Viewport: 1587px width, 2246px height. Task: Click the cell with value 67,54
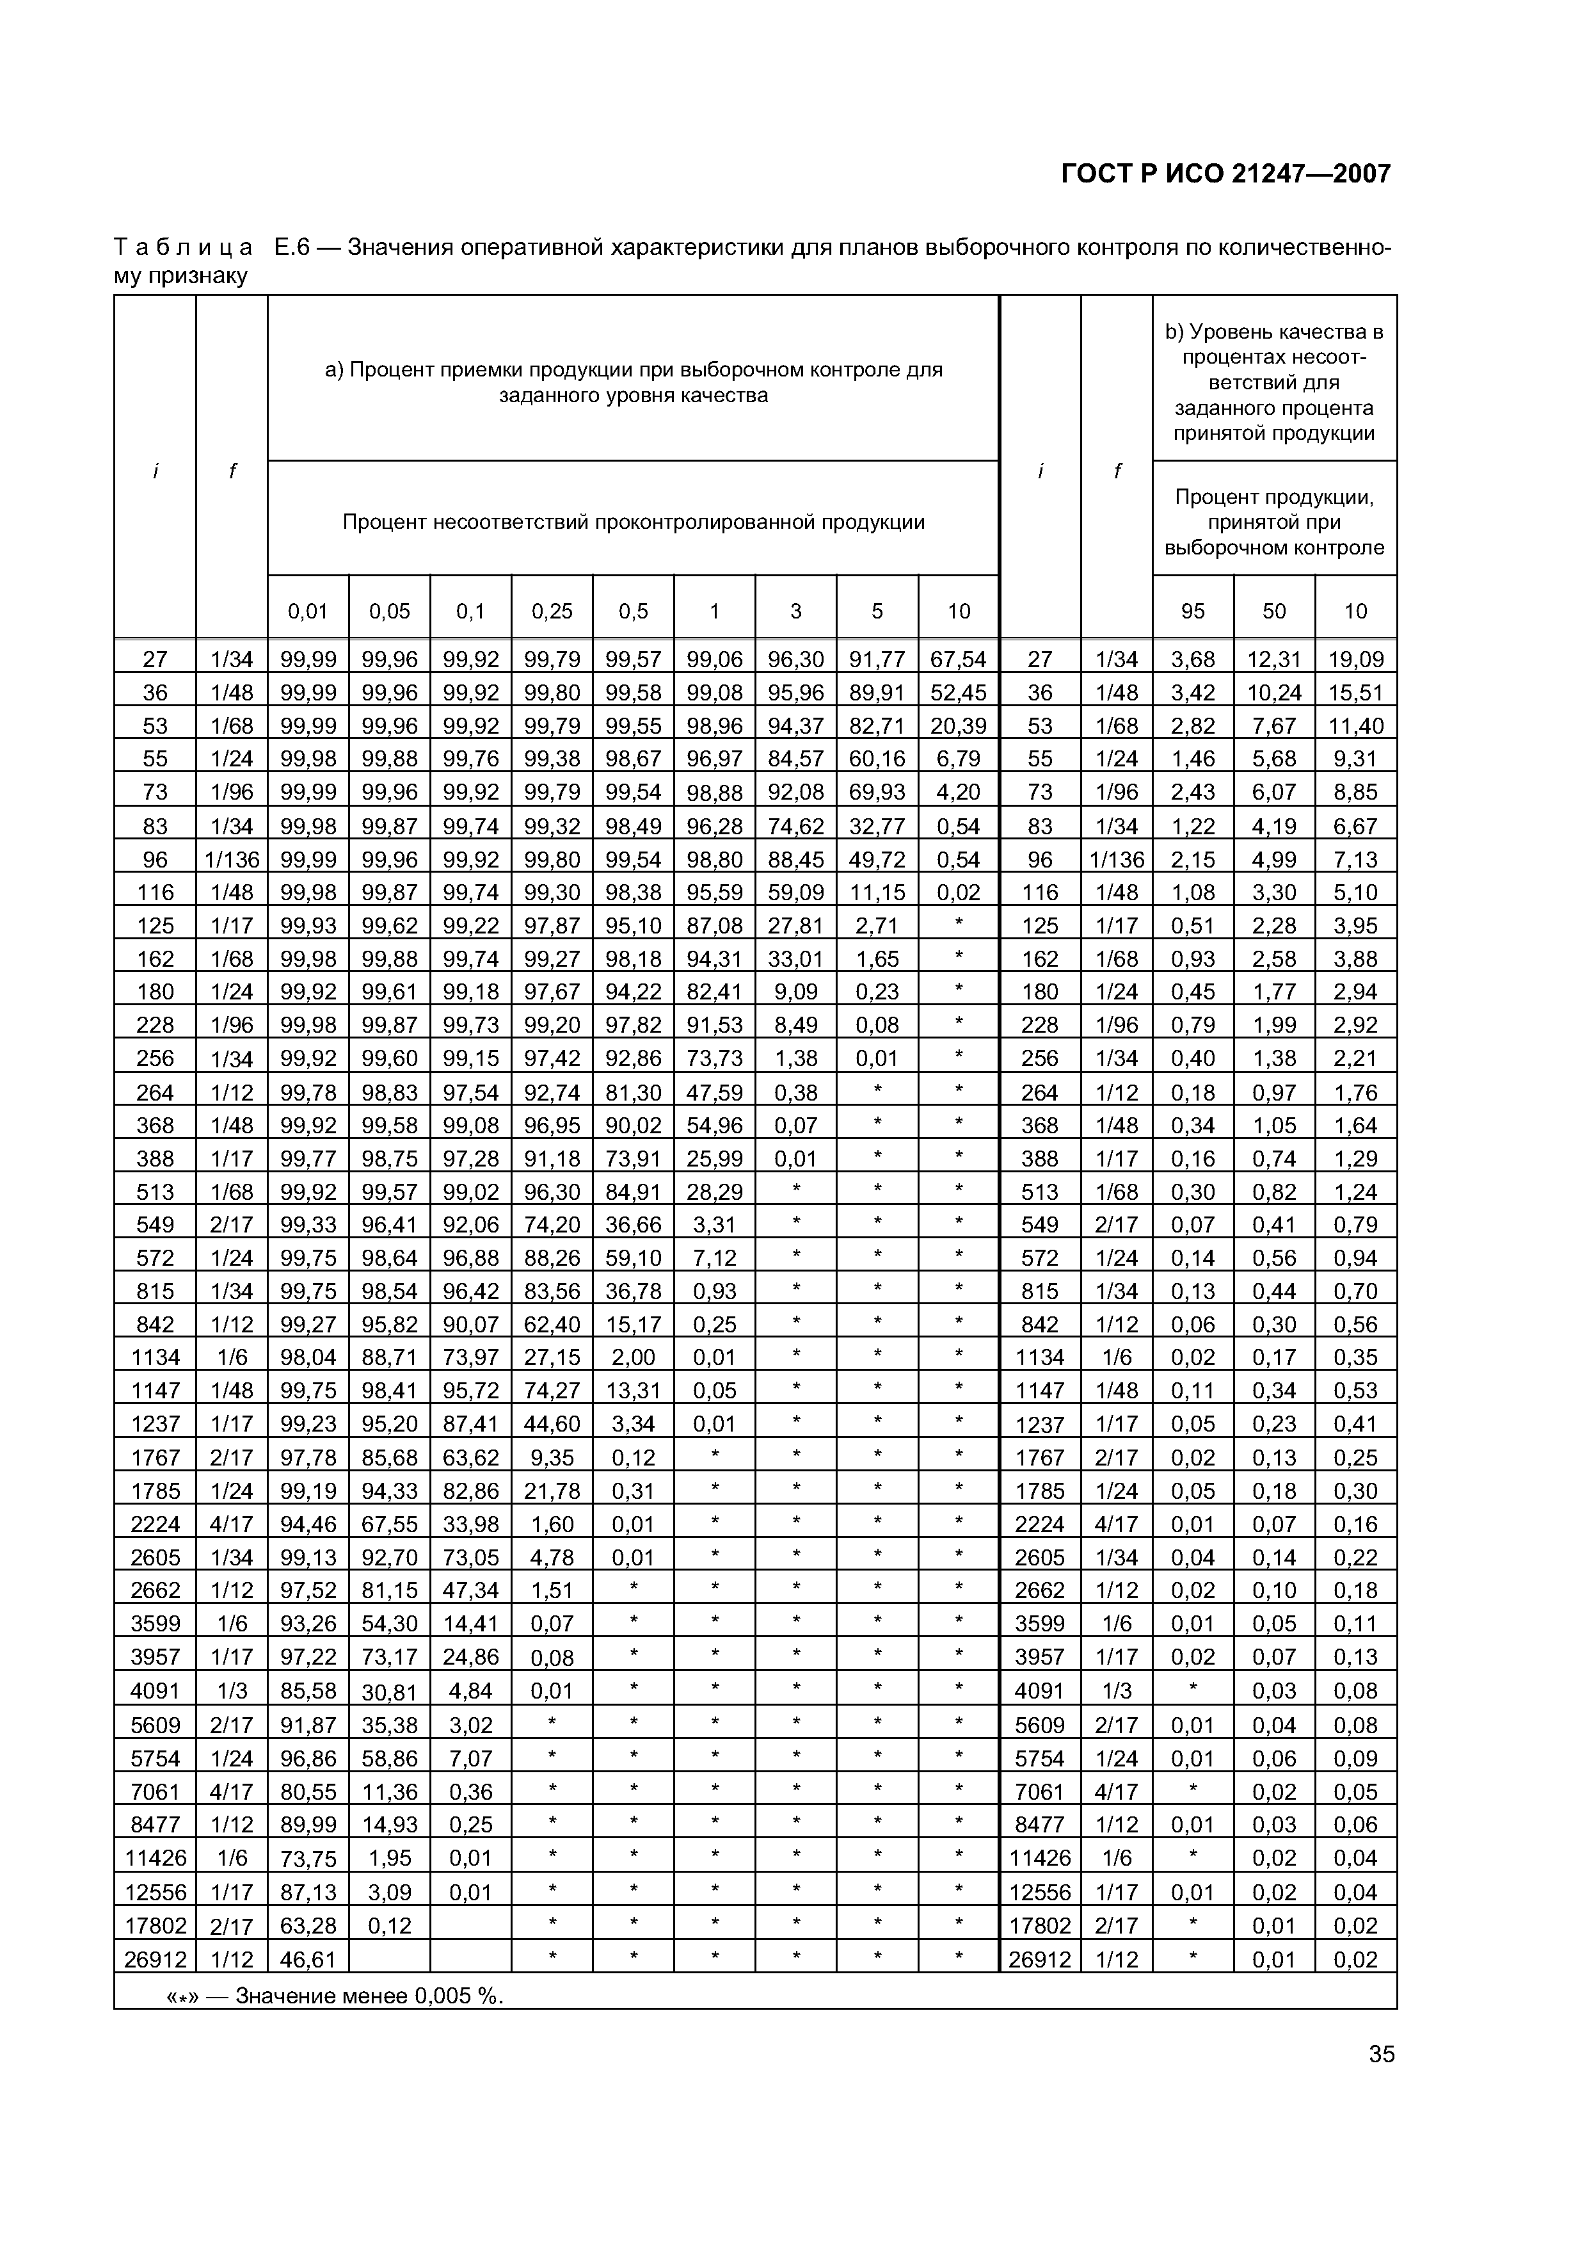coord(958,659)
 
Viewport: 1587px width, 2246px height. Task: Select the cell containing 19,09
coord(1355,659)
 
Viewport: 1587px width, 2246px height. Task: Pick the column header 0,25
coord(552,611)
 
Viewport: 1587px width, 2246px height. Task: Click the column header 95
coord(1192,611)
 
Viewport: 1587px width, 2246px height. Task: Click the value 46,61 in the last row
coord(308,1959)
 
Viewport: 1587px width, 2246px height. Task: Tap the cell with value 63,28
coord(308,1926)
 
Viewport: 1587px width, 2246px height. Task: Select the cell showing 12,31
coord(1273,659)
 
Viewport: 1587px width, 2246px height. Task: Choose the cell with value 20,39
coord(958,726)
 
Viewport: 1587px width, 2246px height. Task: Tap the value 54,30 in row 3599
coord(389,1624)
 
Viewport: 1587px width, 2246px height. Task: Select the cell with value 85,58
coord(308,1690)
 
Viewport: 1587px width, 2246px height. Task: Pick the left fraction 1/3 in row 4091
coord(232,1690)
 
